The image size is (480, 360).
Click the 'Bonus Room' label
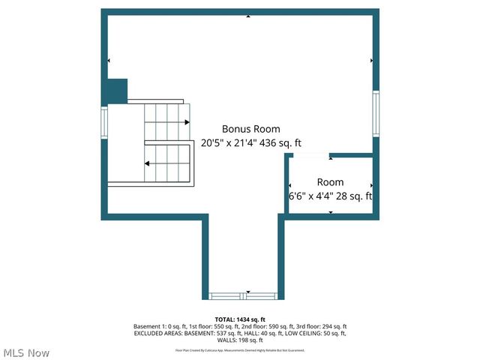click(x=250, y=129)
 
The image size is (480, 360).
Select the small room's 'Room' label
click(x=330, y=182)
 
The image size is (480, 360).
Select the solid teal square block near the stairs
click(x=115, y=91)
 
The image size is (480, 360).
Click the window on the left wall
click(x=105, y=122)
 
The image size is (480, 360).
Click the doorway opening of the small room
click(x=309, y=156)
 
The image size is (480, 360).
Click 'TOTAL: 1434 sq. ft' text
click(x=240, y=319)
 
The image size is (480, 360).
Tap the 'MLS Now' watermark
click(x=26, y=352)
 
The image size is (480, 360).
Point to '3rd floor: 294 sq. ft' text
click(x=319, y=327)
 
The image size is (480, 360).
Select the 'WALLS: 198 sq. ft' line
click(x=240, y=341)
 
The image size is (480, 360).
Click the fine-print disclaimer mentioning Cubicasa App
click(x=240, y=349)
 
